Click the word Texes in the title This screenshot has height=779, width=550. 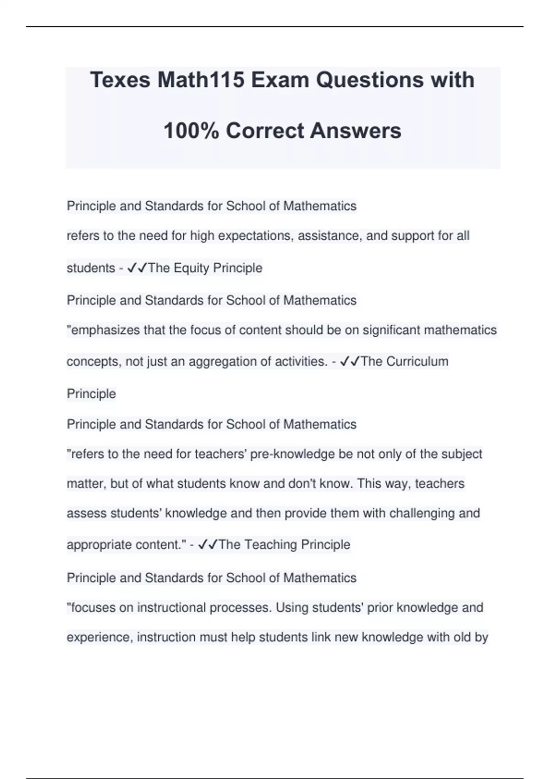pyautogui.click(x=121, y=80)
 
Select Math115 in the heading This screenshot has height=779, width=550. pyautogui.click(x=200, y=80)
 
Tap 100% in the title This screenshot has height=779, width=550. pyautogui.click(x=191, y=131)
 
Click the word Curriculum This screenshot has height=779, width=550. pyautogui.click(x=417, y=362)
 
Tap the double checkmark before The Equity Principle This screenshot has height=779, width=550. pyautogui.click(x=137, y=268)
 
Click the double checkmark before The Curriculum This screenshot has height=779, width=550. pyautogui.click(x=350, y=362)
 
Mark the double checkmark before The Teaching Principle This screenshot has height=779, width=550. pyautogui.click(x=208, y=545)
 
